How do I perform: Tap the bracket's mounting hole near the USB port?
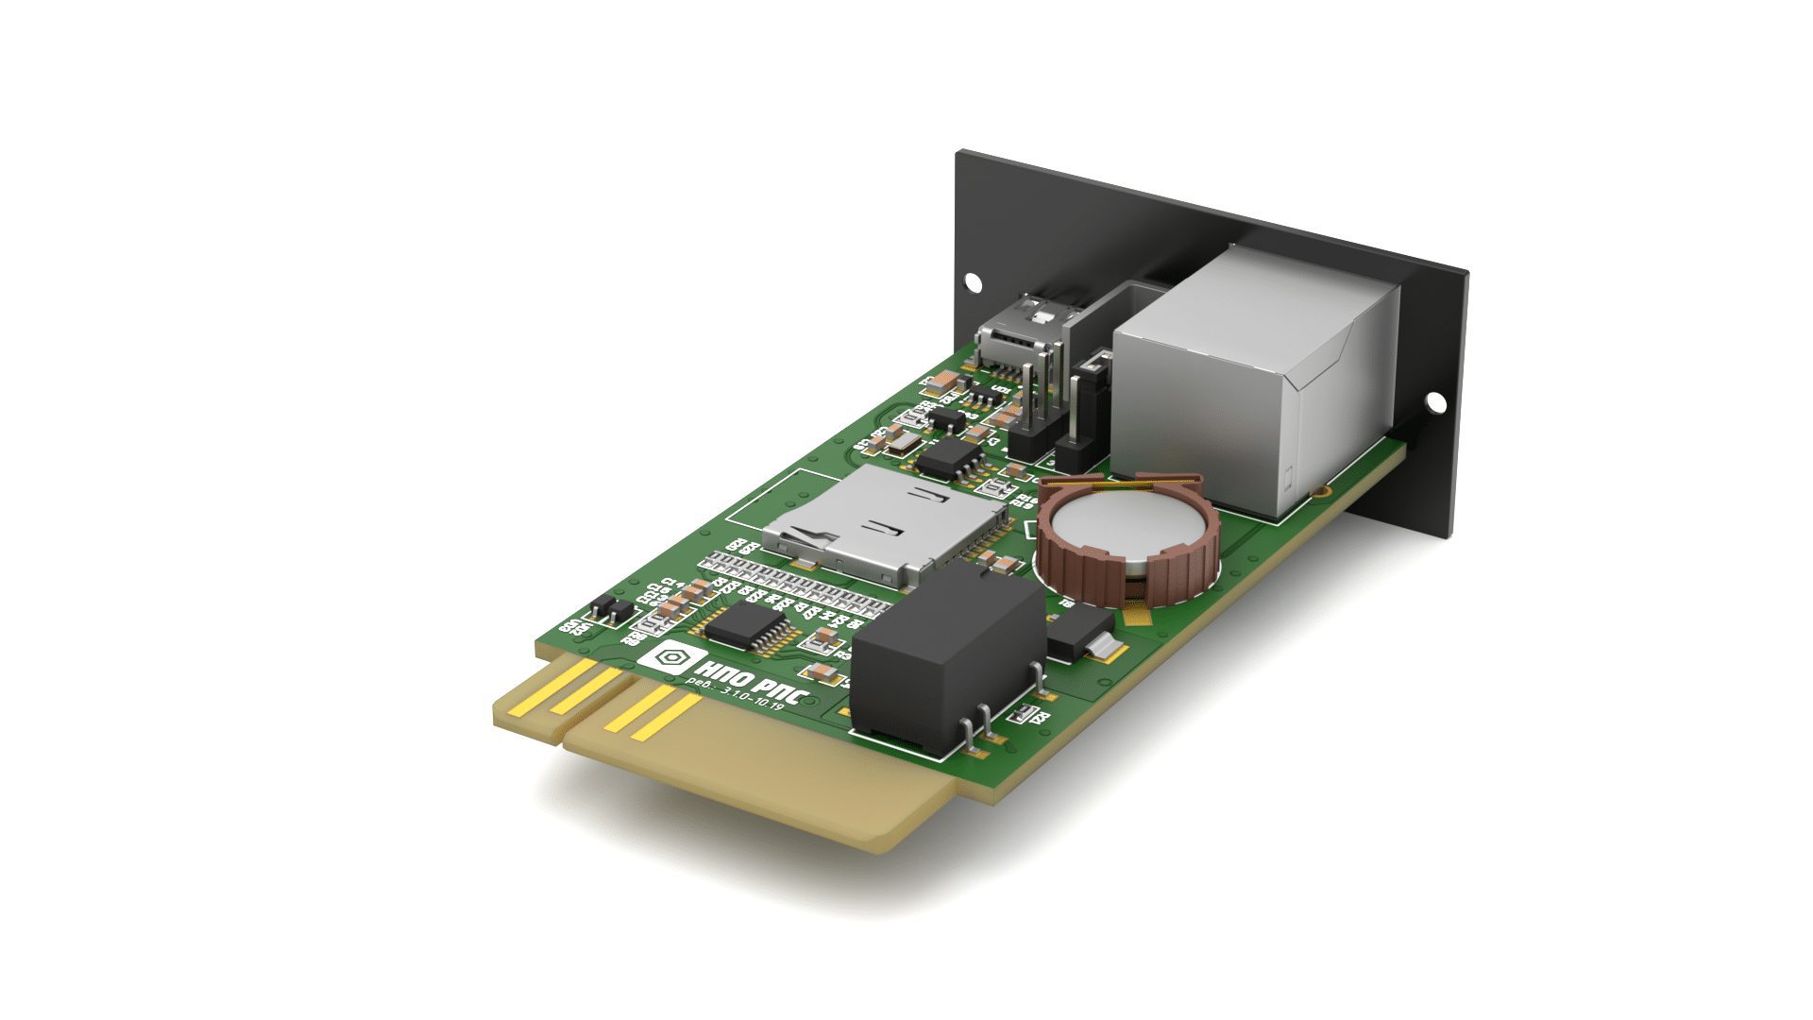click(972, 281)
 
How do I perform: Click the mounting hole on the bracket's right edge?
click(1435, 403)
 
